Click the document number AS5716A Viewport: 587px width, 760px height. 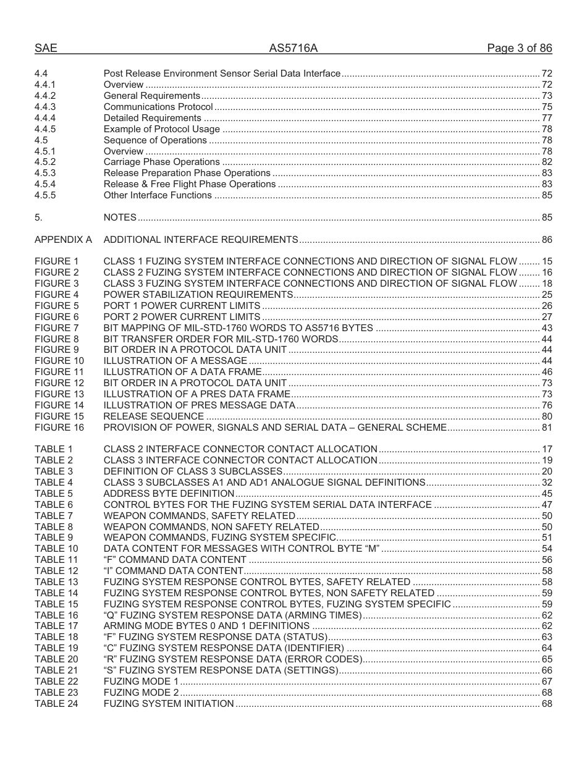coord(293,49)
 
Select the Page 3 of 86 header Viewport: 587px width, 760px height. coord(519,49)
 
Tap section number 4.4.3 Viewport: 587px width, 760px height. coord(45,107)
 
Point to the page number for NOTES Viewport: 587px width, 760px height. coord(546,217)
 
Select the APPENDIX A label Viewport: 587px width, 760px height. coord(63,240)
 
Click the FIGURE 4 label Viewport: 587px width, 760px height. coord(57,295)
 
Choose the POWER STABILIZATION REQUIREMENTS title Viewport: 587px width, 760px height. coord(198,295)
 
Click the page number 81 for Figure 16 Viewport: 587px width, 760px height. coord(546,428)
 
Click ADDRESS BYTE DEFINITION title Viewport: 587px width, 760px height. coord(169,494)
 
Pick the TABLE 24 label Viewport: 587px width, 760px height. coord(56,704)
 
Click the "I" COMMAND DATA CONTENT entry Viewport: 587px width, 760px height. coord(173,571)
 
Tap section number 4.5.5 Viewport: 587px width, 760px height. coord(45,195)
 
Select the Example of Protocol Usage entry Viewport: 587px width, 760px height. coord(161,129)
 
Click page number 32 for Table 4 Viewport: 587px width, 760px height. coord(546,483)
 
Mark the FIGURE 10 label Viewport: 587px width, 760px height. coord(59,361)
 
